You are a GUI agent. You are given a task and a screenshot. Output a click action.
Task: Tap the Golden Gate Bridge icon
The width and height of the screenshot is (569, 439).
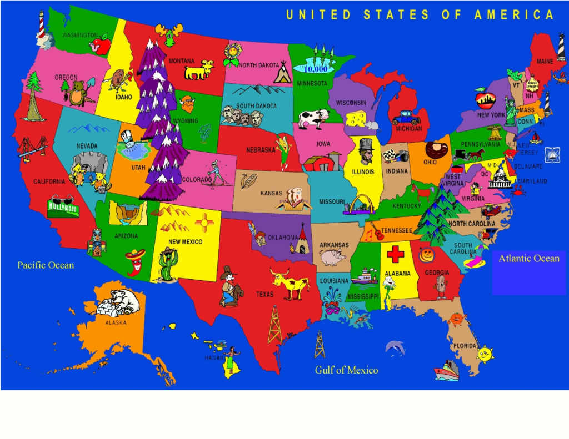coord(26,148)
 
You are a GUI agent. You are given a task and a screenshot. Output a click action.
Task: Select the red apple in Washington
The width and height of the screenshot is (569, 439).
coord(101,44)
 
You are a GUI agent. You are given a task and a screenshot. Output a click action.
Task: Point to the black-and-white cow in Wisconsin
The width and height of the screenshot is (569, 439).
coord(312,118)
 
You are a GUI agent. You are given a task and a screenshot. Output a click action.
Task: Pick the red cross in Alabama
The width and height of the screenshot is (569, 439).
coord(395,255)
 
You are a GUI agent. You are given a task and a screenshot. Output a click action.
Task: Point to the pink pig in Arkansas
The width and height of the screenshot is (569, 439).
coord(333,257)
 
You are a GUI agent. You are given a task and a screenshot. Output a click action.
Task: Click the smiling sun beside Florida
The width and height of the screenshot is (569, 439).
coord(485,354)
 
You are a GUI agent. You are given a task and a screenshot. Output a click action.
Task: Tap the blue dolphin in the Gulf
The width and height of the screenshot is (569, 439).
coord(395,348)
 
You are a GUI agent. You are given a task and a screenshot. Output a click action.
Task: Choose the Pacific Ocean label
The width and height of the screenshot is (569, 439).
coord(46,265)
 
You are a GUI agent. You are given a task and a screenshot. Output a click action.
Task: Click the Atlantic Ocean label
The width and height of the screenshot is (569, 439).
coord(528,258)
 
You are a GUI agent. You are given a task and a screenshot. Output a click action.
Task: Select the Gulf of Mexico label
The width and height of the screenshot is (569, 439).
coord(346,370)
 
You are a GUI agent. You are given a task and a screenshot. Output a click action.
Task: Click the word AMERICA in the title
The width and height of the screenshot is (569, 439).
coord(514,15)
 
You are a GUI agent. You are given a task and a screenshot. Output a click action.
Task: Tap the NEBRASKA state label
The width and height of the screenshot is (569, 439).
coord(261,150)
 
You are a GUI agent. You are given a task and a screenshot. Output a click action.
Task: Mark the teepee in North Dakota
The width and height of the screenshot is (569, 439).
coord(283,75)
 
